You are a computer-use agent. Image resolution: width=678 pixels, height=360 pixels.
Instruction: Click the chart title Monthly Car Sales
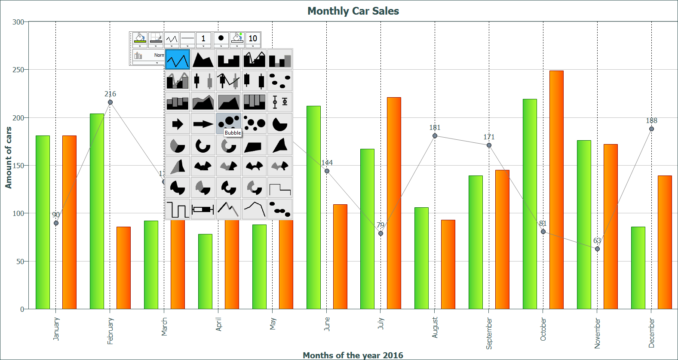tap(353, 11)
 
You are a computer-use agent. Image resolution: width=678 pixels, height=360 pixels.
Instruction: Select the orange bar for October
tap(556, 189)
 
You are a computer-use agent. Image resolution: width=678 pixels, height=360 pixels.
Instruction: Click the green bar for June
tap(313, 206)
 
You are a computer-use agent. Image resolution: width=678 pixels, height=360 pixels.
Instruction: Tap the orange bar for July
tap(394, 202)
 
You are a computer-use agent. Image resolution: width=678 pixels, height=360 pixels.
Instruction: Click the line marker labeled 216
tap(110, 102)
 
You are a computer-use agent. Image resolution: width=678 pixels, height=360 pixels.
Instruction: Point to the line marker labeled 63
tap(597, 249)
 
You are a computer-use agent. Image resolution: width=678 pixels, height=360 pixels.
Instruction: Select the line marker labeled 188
tap(651, 129)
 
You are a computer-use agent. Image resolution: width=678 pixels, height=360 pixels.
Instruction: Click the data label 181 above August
tap(435, 128)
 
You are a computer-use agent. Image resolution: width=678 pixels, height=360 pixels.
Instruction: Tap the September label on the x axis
tap(489, 333)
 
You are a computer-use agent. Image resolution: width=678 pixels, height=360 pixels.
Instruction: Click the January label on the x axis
tap(56, 329)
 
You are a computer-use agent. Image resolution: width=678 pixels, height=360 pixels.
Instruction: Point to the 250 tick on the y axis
tap(18, 70)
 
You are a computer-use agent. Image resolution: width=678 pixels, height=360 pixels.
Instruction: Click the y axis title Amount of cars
tap(8, 157)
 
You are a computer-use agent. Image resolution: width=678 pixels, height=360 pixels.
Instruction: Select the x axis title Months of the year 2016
tap(353, 355)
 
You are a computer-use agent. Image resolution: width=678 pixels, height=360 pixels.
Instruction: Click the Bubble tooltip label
tap(233, 133)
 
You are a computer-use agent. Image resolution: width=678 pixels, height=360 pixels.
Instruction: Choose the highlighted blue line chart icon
tap(178, 59)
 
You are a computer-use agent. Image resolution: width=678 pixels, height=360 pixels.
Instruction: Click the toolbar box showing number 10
tap(253, 39)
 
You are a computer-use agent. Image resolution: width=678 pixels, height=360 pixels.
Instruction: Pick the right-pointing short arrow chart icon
tap(178, 124)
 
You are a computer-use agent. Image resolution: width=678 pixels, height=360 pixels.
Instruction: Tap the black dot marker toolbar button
tap(221, 38)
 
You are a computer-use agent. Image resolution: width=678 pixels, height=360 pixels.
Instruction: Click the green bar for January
tap(43, 222)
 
